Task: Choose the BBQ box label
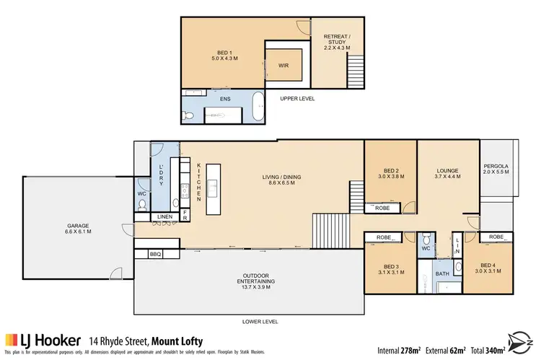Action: (155, 254)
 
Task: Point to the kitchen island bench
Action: (213, 189)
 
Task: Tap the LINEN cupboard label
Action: (164, 216)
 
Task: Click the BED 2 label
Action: (390, 173)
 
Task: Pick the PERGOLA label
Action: (496, 170)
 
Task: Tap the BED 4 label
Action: (488, 268)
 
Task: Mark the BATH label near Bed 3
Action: (441, 274)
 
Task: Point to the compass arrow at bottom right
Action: (517, 338)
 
